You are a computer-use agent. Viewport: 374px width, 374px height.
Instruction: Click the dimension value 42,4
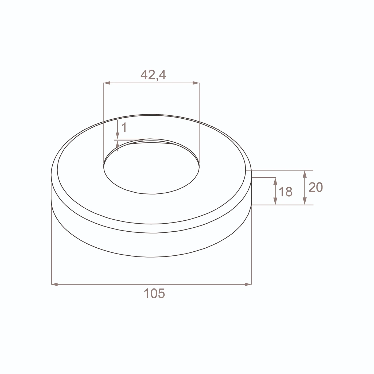coord(153,75)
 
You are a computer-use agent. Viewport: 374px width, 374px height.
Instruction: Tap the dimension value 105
coord(154,293)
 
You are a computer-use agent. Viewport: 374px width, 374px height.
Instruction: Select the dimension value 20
coord(315,187)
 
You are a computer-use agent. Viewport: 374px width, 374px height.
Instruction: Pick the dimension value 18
coord(285,192)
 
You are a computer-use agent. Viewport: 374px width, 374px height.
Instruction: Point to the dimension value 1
coord(124,127)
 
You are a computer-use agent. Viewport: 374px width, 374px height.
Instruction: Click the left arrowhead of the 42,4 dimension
coord(107,83)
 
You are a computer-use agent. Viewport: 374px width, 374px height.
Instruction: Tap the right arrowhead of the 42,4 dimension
coord(196,83)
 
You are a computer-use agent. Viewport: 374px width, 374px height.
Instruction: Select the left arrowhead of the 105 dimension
coord(55,284)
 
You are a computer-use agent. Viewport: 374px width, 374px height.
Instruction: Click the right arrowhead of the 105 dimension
coord(248,284)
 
